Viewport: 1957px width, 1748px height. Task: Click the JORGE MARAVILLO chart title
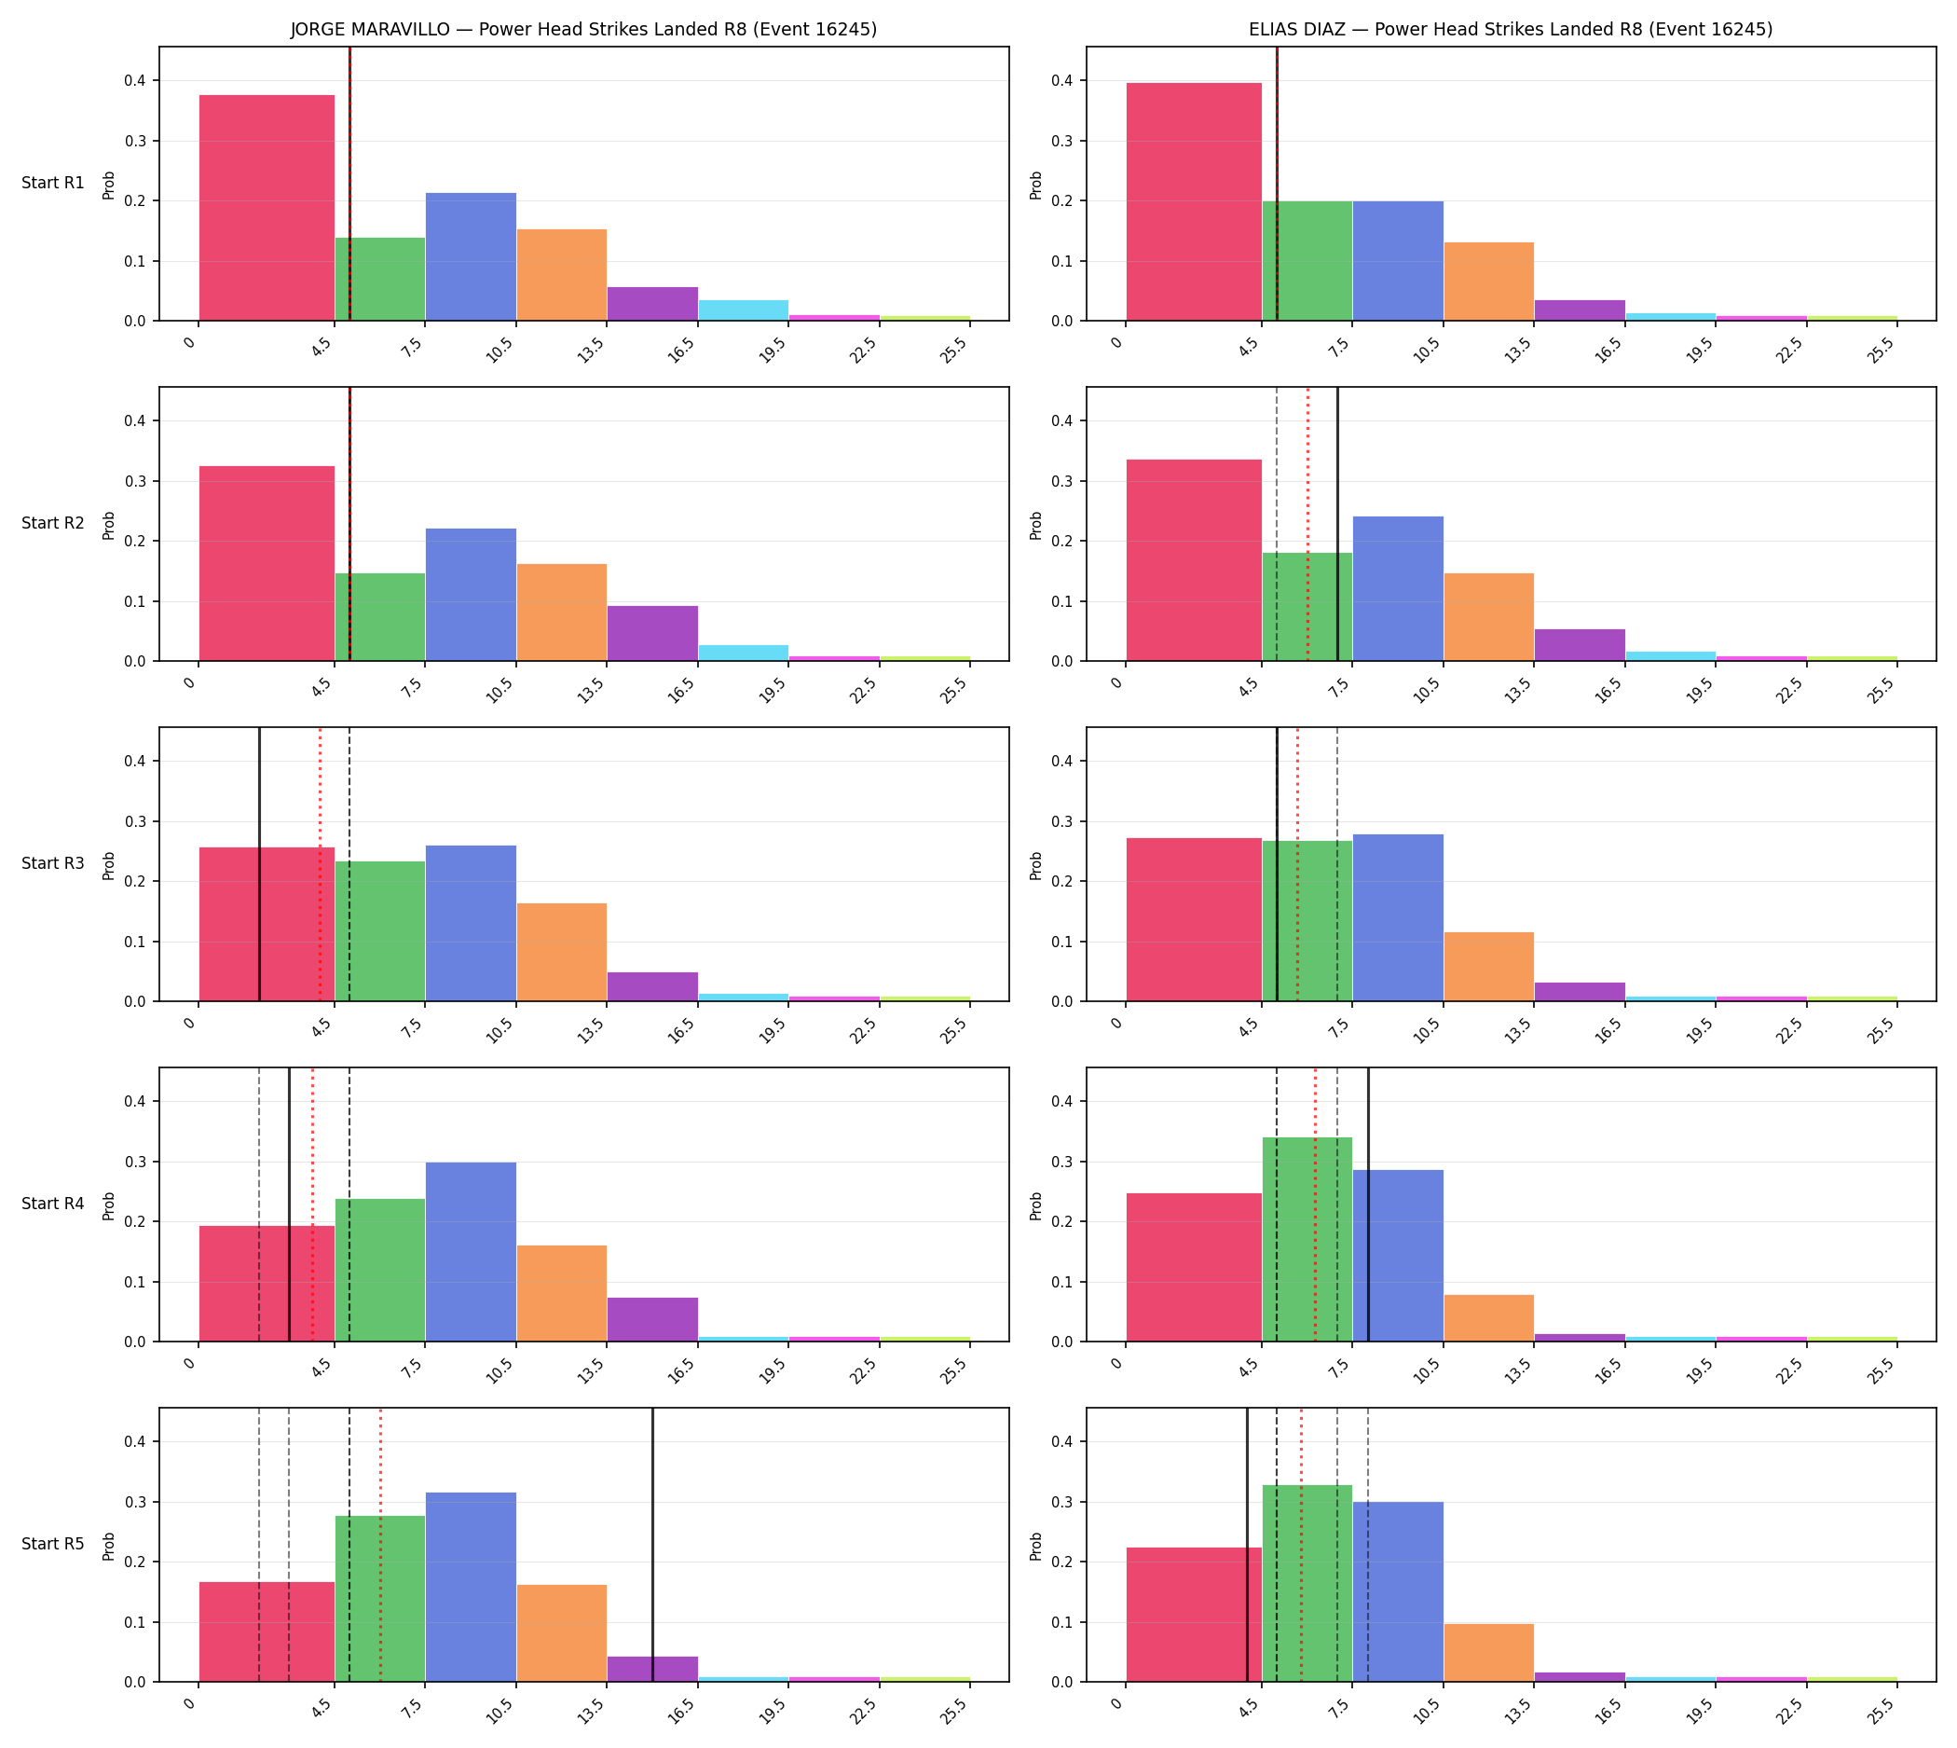pyautogui.click(x=583, y=29)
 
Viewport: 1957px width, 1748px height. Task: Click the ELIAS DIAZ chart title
pyautogui.click(x=1511, y=29)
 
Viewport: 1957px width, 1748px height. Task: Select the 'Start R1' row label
pyautogui.click(x=53, y=183)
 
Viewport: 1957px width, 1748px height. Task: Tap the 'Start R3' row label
pyautogui.click(x=53, y=863)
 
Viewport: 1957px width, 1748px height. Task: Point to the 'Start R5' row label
pyautogui.click(x=53, y=1544)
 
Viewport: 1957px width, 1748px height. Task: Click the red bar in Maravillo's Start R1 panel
pyautogui.click(x=267, y=208)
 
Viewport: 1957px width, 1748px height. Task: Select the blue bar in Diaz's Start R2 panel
pyautogui.click(x=1398, y=589)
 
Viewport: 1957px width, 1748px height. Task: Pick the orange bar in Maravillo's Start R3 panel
pyautogui.click(x=562, y=952)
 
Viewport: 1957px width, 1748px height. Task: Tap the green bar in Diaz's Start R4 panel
pyautogui.click(x=1307, y=1239)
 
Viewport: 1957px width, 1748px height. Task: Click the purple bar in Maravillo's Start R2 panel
pyautogui.click(x=652, y=633)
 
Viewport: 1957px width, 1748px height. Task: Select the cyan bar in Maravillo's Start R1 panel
pyautogui.click(x=744, y=310)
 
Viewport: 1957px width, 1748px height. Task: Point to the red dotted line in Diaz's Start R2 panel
pyautogui.click(x=1307, y=523)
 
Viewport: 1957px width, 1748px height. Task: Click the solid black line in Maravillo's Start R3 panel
pyautogui.click(x=259, y=863)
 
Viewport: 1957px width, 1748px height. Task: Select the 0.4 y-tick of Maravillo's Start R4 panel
pyautogui.click(x=134, y=1102)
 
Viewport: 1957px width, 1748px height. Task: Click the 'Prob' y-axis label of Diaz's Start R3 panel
pyautogui.click(x=1036, y=864)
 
